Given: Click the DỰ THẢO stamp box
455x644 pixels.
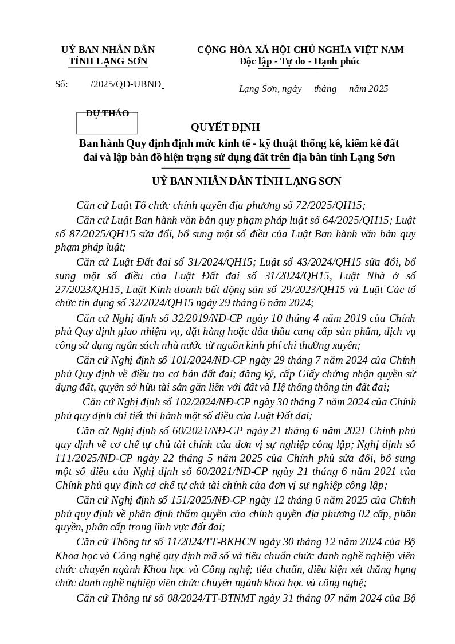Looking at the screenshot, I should pyautogui.click(x=107, y=123).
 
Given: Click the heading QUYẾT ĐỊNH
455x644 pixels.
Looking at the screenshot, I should pyautogui.click(x=225, y=127).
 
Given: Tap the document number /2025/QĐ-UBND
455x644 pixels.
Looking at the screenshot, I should pyautogui.click(x=126, y=84).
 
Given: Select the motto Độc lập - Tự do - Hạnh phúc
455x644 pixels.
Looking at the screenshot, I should pyautogui.click(x=300, y=61).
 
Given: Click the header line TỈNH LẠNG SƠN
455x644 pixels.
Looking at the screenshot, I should pyautogui.click(x=108, y=61).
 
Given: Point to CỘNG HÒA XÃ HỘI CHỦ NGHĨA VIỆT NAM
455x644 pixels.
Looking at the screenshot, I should pyautogui.click(x=300, y=50).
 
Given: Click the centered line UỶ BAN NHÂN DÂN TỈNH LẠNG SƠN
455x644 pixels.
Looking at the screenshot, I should pyautogui.click(x=246, y=181).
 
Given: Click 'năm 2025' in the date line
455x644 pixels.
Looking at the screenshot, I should pyautogui.click(x=368, y=89).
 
